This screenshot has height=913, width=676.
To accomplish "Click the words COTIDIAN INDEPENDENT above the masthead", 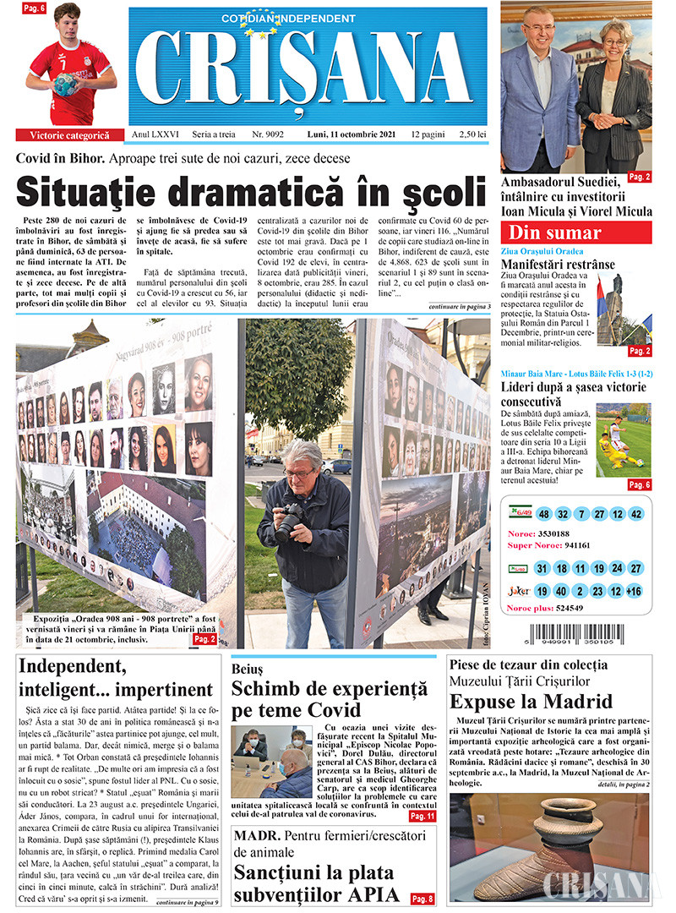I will click(288, 18).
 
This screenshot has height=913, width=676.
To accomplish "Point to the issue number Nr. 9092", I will click(267, 134).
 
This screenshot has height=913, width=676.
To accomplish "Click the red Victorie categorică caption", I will click(69, 135).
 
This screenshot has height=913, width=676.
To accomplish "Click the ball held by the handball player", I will click(64, 84).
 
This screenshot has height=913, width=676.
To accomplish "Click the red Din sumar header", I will click(553, 233).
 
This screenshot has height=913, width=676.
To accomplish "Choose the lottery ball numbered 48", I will click(543, 514).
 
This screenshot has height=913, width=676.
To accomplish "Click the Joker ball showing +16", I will click(635, 591).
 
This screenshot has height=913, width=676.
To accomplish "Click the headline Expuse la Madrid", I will click(531, 701).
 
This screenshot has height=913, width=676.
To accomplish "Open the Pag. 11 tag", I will click(421, 817).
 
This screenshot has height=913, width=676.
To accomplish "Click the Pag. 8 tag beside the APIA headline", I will click(422, 899).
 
